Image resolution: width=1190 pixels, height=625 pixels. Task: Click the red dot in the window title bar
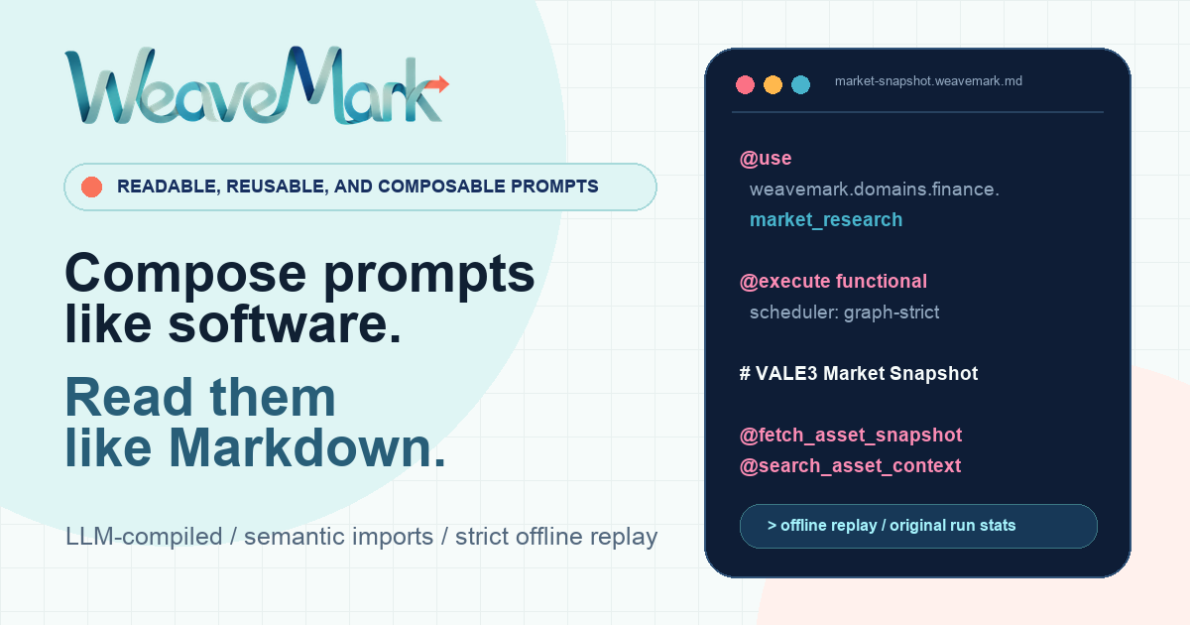[745, 84]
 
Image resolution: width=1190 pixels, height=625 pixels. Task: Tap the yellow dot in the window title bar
[773, 84]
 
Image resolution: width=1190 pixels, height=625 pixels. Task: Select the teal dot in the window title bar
[800, 84]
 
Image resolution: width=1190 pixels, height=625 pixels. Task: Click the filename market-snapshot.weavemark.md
[928, 81]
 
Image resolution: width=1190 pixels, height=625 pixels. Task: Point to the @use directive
[766, 159]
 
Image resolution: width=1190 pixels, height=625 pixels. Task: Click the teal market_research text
[825, 219]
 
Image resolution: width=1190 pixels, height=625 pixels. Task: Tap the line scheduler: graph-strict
[844, 312]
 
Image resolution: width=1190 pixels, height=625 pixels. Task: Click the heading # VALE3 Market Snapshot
[859, 374]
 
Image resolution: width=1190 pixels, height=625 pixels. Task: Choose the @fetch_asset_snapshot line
[851, 436]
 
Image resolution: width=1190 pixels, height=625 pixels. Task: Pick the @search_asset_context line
[850, 466]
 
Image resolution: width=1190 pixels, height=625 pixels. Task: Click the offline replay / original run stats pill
[918, 526]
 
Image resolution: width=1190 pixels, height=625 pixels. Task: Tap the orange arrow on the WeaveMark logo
[437, 84]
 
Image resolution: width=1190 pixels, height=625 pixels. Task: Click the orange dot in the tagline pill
[91, 187]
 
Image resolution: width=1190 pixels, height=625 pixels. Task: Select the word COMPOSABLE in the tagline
[441, 187]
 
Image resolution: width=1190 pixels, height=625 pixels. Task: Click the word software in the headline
[285, 324]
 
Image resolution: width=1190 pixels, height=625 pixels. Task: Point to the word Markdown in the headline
[307, 447]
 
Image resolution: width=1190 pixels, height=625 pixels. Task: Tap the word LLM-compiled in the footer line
[144, 537]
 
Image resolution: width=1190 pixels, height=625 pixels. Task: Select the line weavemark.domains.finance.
[874, 189]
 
